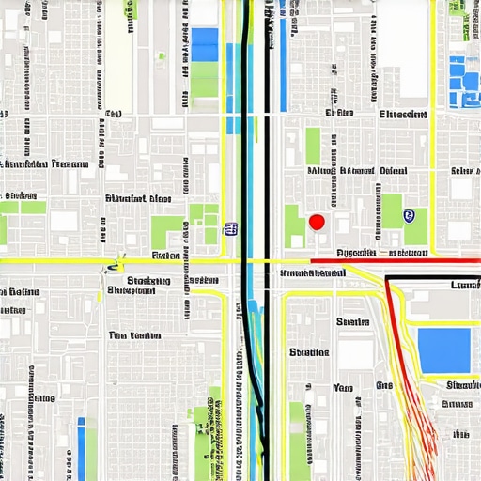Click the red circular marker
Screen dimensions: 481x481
(x=317, y=222)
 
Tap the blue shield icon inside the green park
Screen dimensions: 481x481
(x=408, y=216)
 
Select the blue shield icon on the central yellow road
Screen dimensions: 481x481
(x=229, y=228)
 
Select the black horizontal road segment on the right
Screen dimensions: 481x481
(x=432, y=278)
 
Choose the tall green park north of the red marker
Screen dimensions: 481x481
(x=313, y=146)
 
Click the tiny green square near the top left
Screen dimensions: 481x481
(x=161, y=57)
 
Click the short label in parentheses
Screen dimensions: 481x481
(x=114, y=114)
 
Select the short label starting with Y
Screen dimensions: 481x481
(x=343, y=387)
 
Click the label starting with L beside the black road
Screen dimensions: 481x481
(x=465, y=285)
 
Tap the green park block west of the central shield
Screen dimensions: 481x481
(x=166, y=231)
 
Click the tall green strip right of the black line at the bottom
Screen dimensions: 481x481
(x=298, y=437)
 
